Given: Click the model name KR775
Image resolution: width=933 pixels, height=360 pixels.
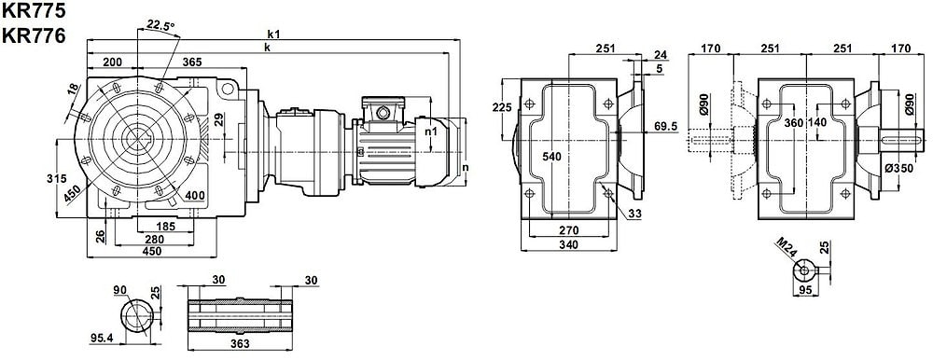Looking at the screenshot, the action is tap(34, 10).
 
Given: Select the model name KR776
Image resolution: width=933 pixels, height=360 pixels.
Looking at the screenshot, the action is tap(34, 36).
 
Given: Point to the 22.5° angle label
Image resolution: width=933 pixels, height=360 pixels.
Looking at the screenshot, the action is tap(160, 25).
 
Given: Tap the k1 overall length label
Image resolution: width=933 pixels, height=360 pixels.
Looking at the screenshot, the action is tap(274, 35).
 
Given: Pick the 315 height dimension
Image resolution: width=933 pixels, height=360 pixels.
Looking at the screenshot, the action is tap(51, 178).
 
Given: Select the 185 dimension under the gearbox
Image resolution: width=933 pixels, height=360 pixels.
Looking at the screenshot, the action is tap(165, 226).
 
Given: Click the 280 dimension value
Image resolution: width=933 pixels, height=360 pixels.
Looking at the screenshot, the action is tap(155, 239).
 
